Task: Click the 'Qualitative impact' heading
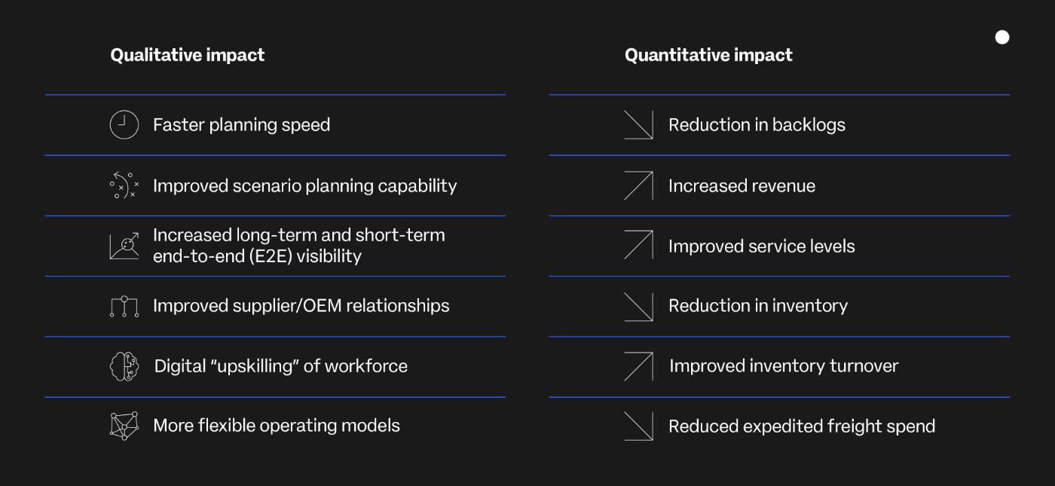click(x=188, y=55)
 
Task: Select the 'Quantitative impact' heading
click(x=708, y=55)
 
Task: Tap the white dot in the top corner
click(x=1002, y=37)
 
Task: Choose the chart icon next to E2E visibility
click(x=124, y=246)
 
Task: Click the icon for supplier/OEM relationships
click(x=124, y=306)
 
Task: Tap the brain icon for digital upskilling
click(x=124, y=366)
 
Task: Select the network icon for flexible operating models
click(x=124, y=426)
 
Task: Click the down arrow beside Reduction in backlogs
click(x=639, y=125)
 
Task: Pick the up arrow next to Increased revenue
click(x=639, y=185)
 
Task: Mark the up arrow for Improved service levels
click(x=639, y=245)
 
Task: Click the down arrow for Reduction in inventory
click(x=639, y=307)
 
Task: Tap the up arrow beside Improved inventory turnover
click(x=639, y=366)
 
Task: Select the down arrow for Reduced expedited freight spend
click(x=639, y=426)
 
